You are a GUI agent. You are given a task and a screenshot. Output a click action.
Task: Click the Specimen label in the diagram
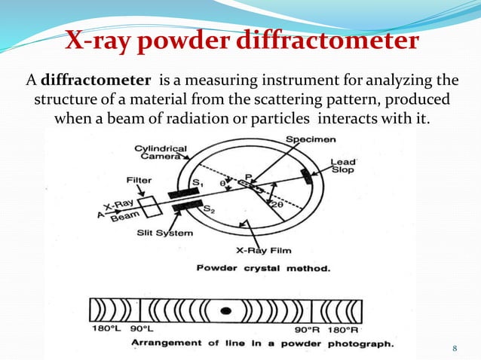pyautogui.click(x=311, y=140)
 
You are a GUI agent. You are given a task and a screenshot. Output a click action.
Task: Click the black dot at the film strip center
pyautogui.click(x=225, y=310)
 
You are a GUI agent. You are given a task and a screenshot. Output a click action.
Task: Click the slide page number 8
pyautogui.click(x=455, y=347)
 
